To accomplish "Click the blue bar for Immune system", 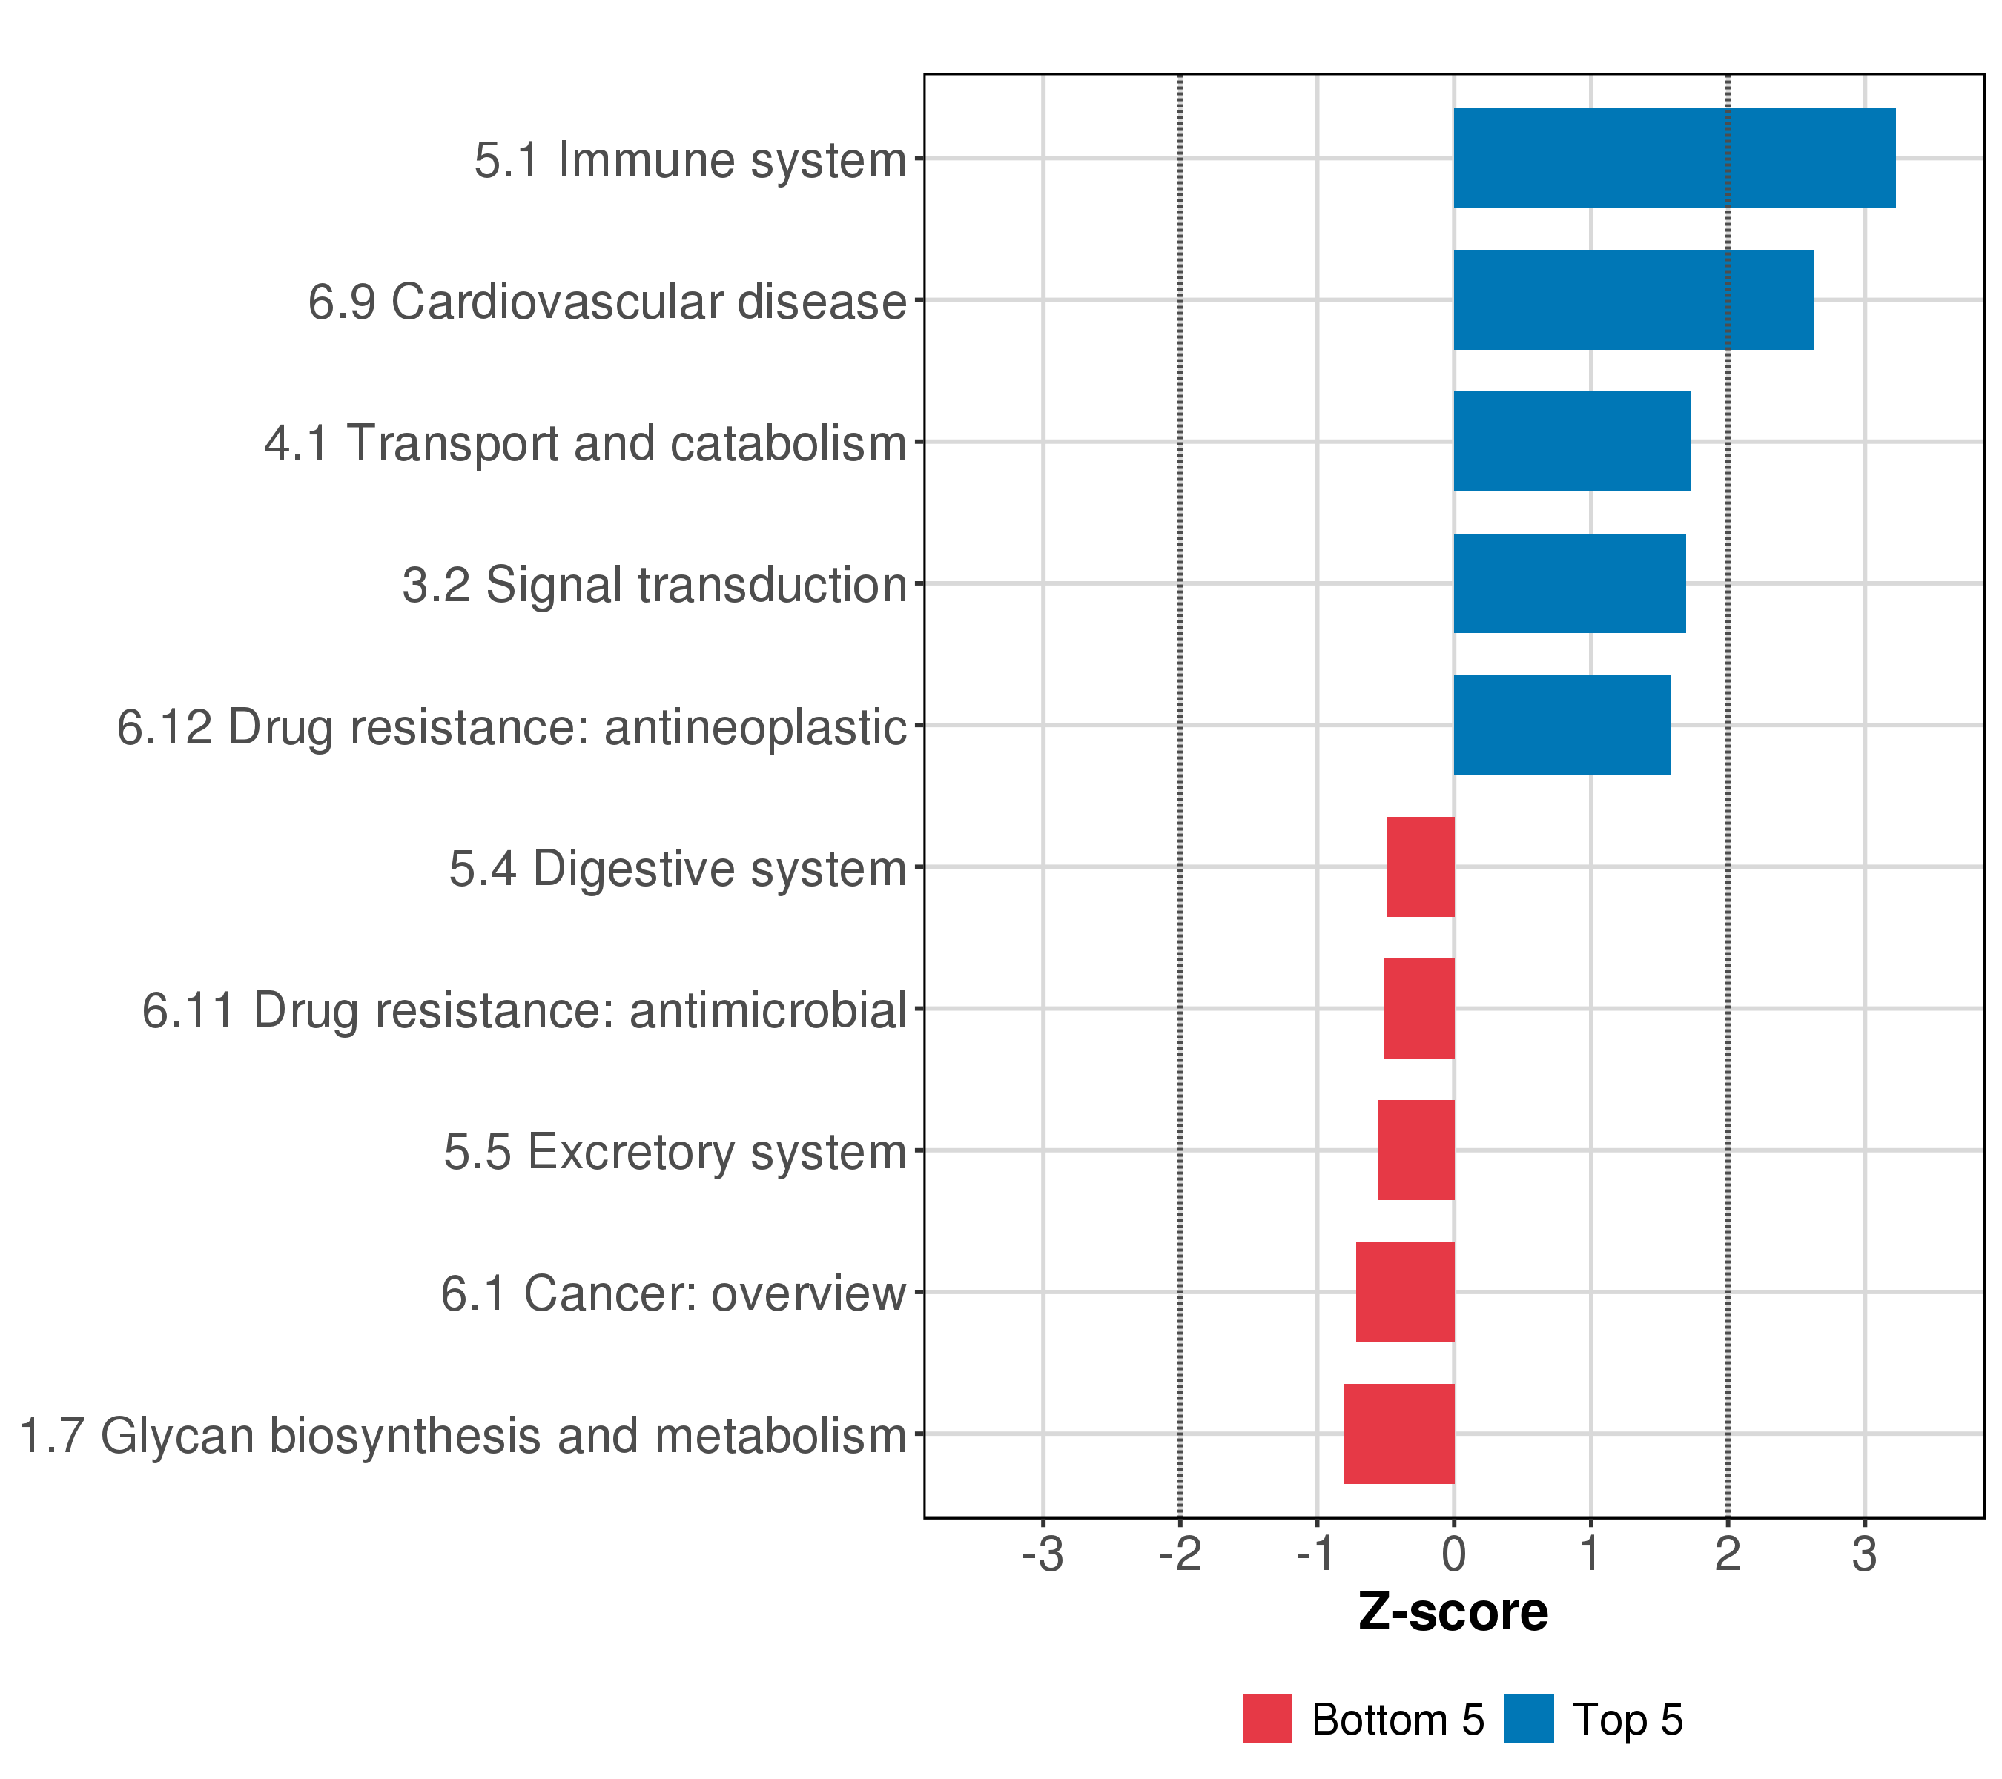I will click(1674, 159).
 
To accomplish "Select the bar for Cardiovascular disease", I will click(1633, 299).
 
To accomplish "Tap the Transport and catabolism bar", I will click(1571, 442).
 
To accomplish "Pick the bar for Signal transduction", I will click(1569, 583).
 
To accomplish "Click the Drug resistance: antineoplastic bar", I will click(1562, 726).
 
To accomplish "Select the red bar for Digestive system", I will click(1420, 867).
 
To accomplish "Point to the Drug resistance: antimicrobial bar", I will click(1418, 1008).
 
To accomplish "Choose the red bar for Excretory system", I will click(1415, 1150).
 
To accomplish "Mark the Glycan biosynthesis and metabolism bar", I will click(1398, 1434).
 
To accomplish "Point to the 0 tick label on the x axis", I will click(1453, 1554).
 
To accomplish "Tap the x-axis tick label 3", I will click(1864, 1554).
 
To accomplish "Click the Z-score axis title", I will click(1453, 1612).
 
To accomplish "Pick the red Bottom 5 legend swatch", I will click(1266, 1719).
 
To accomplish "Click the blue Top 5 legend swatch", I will click(1529, 1719).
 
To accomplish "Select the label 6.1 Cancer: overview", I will click(673, 1293).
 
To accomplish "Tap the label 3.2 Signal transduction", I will click(654, 586).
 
